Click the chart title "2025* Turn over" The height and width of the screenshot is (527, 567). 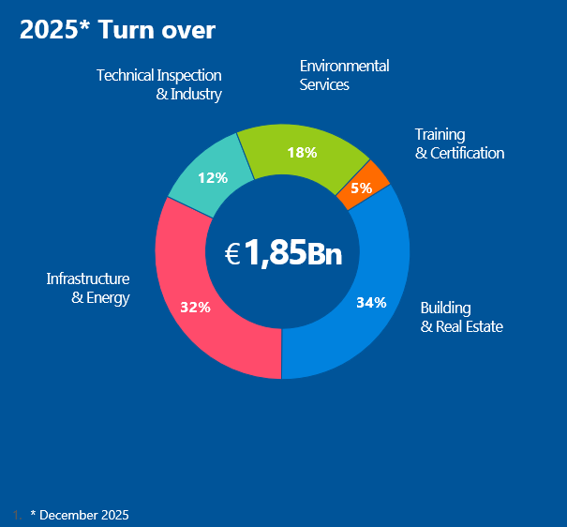tap(117, 30)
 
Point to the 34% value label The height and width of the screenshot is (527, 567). tap(371, 302)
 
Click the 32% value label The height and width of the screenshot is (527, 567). tap(195, 307)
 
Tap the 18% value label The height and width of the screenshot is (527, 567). tap(302, 152)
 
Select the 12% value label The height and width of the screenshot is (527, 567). tap(213, 177)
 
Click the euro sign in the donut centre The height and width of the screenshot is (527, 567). tap(232, 253)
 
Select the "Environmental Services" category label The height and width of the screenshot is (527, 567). tap(343, 75)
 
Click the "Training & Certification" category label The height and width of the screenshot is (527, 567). tap(459, 143)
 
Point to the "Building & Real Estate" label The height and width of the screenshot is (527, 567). tap(461, 317)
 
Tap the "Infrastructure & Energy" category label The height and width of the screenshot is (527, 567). tap(88, 288)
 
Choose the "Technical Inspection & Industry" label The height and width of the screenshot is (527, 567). tap(159, 84)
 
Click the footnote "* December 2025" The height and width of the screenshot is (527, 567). tap(80, 515)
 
